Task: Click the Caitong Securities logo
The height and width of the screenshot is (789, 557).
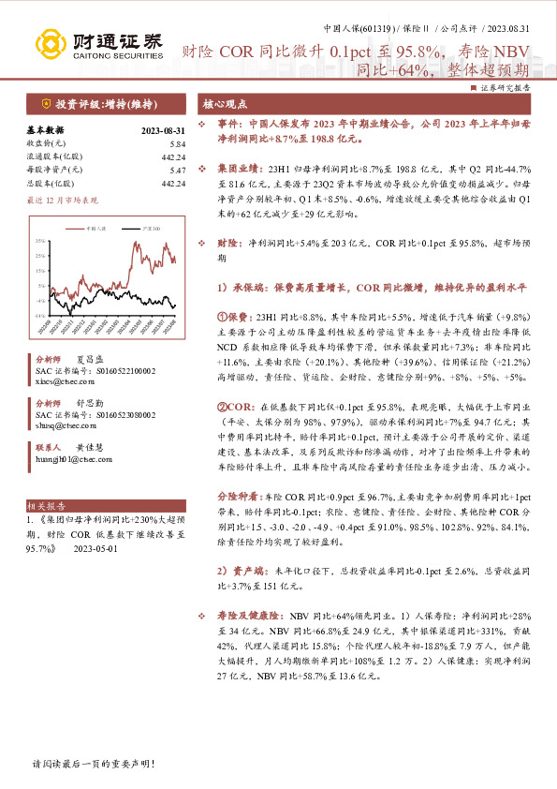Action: [x=98, y=43]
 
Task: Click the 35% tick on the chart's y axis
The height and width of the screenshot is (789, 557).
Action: [x=39, y=241]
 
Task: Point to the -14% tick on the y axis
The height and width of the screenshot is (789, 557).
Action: [x=39, y=316]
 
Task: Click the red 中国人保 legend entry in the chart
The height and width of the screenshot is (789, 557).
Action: [x=92, y=228]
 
